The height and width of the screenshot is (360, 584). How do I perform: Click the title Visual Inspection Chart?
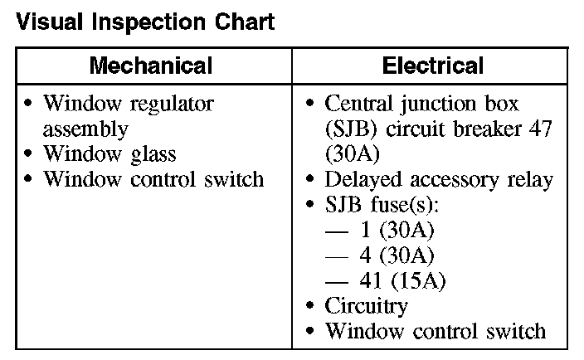[x=145, y=22]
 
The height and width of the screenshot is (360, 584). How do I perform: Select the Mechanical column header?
[x=151, y=66]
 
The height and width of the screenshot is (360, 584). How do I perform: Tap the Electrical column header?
[x=432, y=66]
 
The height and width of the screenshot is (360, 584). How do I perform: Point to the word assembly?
[x=85, y=129]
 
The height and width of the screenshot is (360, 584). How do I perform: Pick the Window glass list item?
[x=109, y=154]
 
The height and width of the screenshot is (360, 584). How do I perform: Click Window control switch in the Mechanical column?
[x=153, y=179]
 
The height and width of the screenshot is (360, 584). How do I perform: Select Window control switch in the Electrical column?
[x=436, y=331]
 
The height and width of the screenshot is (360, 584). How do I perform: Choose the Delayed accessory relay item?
[x=439, y=179]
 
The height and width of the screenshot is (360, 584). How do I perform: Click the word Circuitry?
[x=366, y=306]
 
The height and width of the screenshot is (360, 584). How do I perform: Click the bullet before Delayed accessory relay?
[x=310, y=179]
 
